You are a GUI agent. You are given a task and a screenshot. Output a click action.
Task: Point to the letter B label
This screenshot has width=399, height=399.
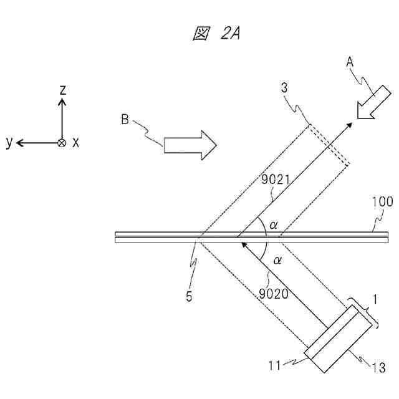coord(125,120)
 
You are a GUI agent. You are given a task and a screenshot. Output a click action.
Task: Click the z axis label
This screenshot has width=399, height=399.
coord(62,91)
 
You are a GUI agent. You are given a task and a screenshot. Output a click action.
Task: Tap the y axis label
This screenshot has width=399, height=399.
coord(9,143)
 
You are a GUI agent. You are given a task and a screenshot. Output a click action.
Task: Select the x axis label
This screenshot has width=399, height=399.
coord(75,143)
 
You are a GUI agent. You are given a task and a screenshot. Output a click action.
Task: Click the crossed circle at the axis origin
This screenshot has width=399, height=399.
coord(61,143)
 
